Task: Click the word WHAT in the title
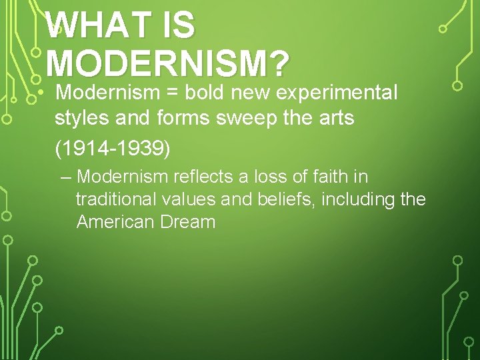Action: [x=97, y=27]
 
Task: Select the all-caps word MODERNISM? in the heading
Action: [x=168, y=65]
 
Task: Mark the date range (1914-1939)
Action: [x=113, y=148]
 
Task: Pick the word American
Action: [x=115, y=222]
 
